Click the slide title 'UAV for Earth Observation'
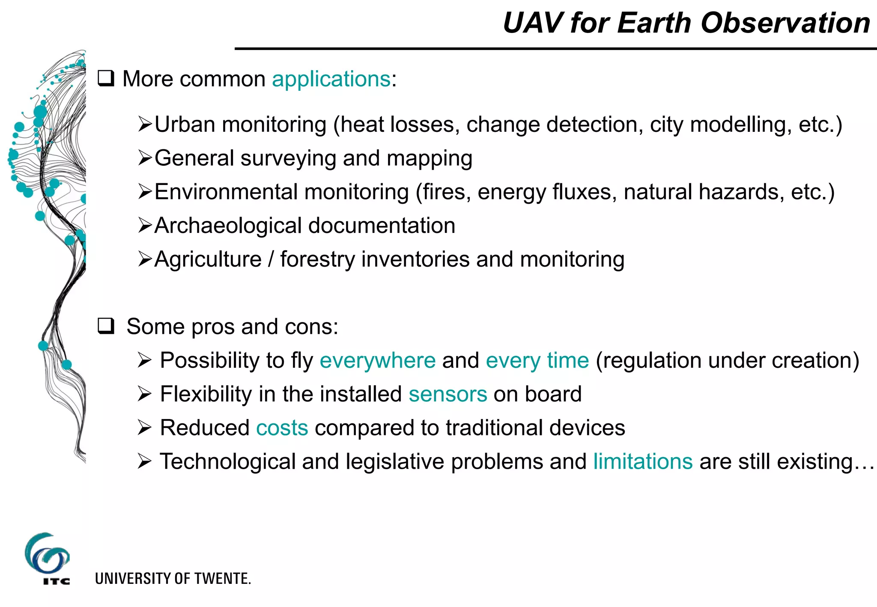(x=686, y=23)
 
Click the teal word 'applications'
(x=331, y=79)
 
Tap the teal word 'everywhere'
(x=377, y=360)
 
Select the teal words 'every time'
(x=537, y=360)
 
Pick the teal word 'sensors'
(x=447, y=394)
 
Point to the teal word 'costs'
(x=282, y=428)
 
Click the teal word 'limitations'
(x=642, y=462)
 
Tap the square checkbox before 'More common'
(x=106, y=79)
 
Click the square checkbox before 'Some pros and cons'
(x=106, y=326)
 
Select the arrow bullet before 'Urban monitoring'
(x=145, y=125)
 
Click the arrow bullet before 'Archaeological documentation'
(x=145, y=226)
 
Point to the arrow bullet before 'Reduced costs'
(x=145, y=428)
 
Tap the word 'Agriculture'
(x=208, y=260)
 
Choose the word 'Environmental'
(x=226, y=192)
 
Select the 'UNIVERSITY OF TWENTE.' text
(x=173, y=579)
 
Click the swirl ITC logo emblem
(x=47, y=554)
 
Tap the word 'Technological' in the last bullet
(x=227, y=462)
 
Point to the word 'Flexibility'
(x=206, y=394)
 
